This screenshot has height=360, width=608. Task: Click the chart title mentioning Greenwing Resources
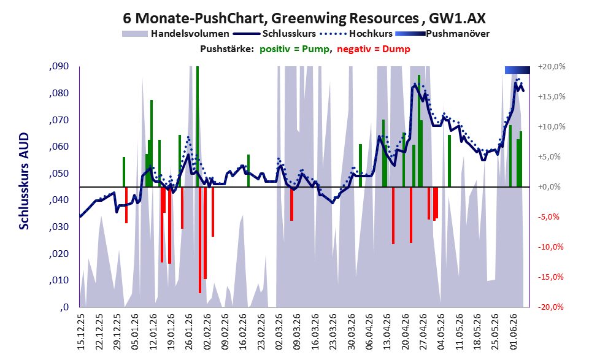click(304, 18)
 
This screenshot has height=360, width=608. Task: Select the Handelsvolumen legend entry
click(175, 34)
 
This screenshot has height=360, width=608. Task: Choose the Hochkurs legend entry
click(356, 34)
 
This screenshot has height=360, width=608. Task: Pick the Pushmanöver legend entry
click(442, 34)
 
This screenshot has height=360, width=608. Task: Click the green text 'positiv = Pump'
click(294, 49)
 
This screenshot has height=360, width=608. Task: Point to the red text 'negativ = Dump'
click(374, 49)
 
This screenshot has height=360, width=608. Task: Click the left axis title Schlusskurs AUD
click(24, 181)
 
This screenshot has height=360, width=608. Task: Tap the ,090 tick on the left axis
click(59, 67)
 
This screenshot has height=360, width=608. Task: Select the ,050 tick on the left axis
click(59, 174)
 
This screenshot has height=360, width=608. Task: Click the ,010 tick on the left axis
click(59, 280)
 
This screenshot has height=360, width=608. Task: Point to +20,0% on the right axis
click(552, 67)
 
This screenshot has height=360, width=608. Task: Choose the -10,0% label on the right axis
click(550, 247)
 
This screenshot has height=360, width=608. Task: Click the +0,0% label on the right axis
click(549, 187)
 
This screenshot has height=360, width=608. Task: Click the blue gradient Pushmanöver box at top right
click(517, 70)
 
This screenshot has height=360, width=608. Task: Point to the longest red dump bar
click(200, 240)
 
